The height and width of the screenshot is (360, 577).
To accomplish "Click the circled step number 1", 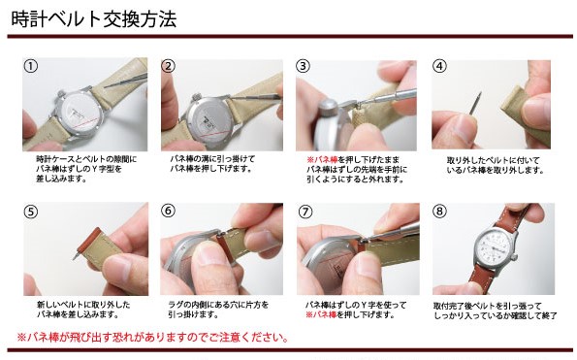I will (31, 67).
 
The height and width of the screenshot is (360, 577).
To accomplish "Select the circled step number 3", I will (304, 67).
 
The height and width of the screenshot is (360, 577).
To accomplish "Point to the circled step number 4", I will (439, 67).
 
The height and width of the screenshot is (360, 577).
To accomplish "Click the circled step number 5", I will (31, 211).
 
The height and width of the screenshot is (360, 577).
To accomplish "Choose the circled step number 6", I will (168, 211).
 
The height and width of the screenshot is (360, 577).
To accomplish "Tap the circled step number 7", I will (305, 211).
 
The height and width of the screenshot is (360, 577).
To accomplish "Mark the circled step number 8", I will (439, 211).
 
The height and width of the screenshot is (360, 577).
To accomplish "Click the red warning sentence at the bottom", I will (152, 338).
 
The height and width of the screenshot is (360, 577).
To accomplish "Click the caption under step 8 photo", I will (494, 310).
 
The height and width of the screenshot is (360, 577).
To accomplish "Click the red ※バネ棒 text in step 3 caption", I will (323, 157).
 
